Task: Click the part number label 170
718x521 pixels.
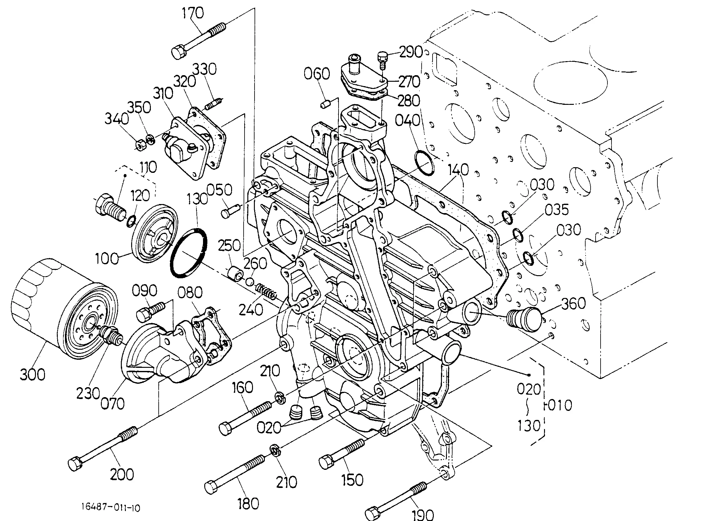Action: [x=192, y=13]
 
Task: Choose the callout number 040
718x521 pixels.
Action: [x=408, y=120]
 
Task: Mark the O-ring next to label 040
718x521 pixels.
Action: [x=424, y=163]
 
